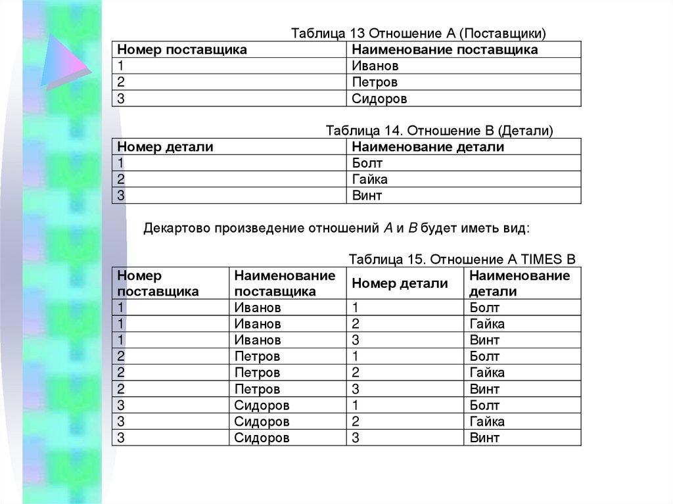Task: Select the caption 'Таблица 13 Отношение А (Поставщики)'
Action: tap(419, 34)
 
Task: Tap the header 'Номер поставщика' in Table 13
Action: tap(182, 50)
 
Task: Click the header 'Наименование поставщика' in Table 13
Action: tap(444, 50)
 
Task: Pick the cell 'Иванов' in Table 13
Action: tap(375, 66)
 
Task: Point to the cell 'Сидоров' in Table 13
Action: tap(379, 99)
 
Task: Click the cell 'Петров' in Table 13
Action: tap(375, 82)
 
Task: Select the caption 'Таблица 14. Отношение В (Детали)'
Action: tap(439, 131)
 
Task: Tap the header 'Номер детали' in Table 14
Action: tap(165, 147)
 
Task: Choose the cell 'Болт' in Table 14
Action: tap(367, 163)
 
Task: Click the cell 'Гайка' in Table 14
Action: tap(369, 179)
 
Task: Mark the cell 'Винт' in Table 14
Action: tap(367, 195)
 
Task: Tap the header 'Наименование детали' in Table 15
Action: tap(519, 283)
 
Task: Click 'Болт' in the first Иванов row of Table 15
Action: tap(484, 308)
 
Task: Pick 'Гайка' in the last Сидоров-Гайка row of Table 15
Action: tap(487, 421)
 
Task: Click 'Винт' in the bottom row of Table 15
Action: tap(484, 438)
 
